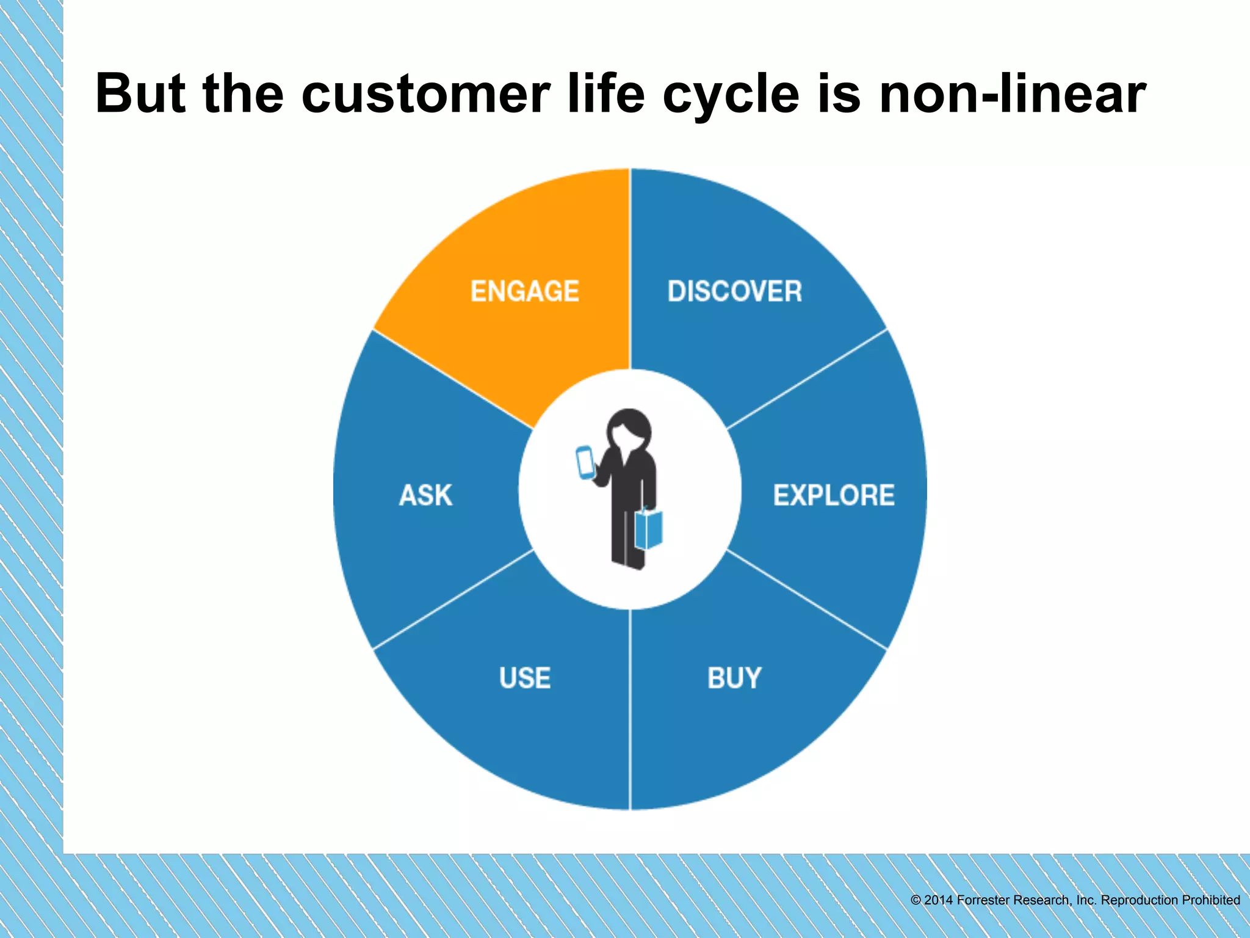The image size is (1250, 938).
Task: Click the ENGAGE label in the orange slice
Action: tap(524, 291)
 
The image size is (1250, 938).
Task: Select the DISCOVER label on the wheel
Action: tap(734, 291)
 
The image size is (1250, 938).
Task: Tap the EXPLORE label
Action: tap(834, 495)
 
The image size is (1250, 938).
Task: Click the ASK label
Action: tap(425, 495)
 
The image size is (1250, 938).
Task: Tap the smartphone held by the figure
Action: tap(585, 462)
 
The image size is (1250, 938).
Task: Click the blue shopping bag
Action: tap(649, 529)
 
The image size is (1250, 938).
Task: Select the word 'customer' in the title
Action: tap(426, 95)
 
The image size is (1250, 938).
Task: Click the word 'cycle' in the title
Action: tap(731, 95)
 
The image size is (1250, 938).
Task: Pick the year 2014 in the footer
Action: tap(938, 900)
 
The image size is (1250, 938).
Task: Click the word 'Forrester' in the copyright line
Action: tap(983, 900)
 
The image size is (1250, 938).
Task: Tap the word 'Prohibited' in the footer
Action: tap(1210, 900)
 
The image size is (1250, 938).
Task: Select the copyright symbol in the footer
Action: tap(916, 900)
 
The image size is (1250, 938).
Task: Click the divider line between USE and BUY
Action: tap(630, 708)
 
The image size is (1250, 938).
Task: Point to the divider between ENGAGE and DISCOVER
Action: tap(630, 269)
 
